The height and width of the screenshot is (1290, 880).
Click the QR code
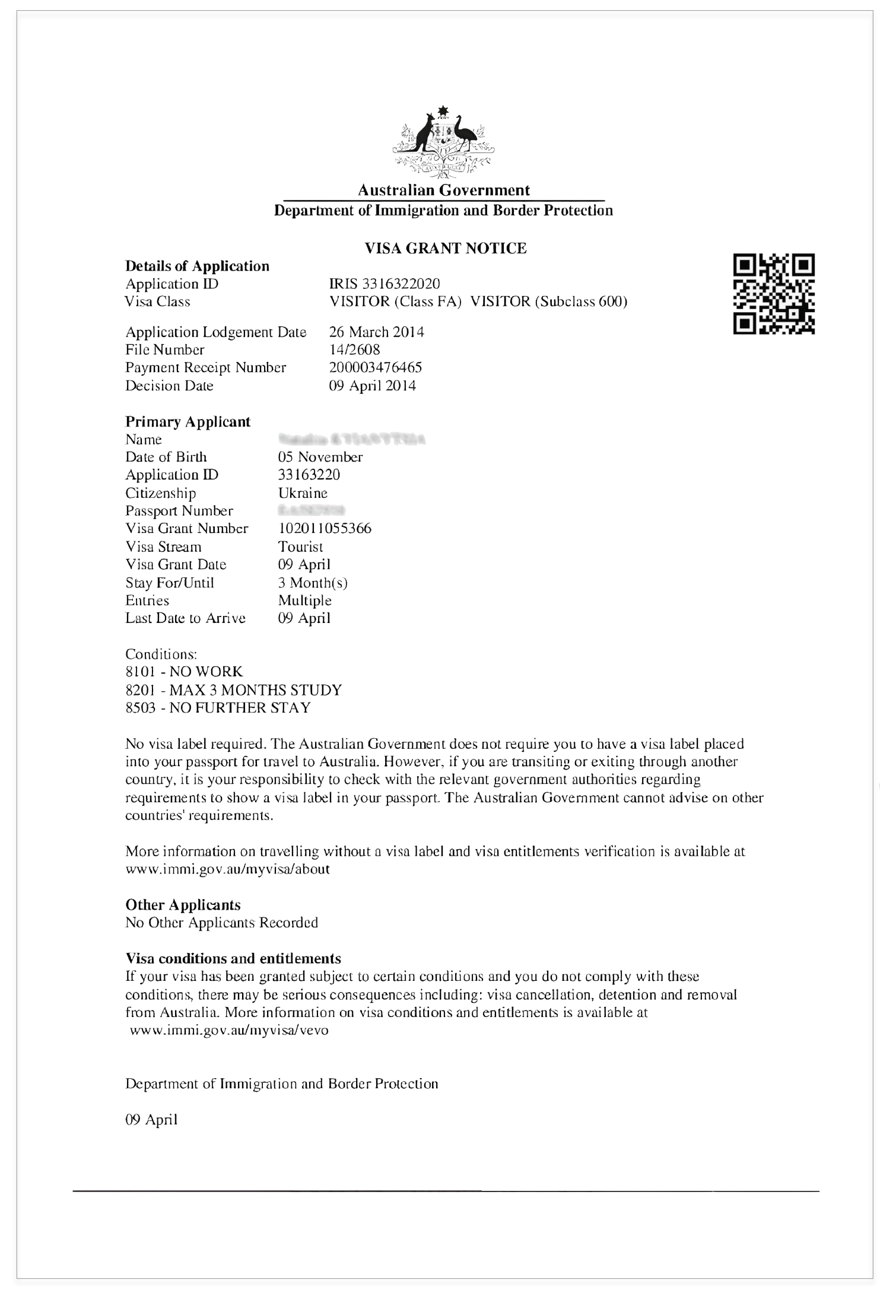tap(774, 294)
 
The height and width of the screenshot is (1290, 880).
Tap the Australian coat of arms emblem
tap(444, 144)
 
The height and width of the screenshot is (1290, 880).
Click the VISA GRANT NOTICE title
tap(445, 248)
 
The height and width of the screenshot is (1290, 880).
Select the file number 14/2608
tap(354, 349)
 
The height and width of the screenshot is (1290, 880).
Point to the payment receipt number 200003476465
tap(375, 367)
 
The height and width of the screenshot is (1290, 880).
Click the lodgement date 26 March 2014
tap(376, 332)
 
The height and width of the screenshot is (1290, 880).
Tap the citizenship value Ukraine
tap(303, 493)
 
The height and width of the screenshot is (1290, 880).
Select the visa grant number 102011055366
tap(325, 529)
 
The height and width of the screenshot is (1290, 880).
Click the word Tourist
tap(300, 546)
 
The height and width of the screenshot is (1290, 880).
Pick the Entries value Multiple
tap(304, 600)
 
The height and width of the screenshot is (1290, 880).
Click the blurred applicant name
tap(351, 440)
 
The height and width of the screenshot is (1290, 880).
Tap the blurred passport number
tap(312, 511)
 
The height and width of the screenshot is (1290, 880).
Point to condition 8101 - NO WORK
tap(184, 672)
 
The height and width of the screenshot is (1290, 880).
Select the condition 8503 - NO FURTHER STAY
tap(218, 708)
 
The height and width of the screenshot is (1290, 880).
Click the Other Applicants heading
tap(183, 905)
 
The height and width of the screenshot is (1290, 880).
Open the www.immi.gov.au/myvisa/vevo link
tap(228, 1030)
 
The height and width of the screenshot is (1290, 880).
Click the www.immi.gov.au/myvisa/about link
tap(227, 869)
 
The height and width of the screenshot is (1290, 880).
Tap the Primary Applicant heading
tap(188, 422)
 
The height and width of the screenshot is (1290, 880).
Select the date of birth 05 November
tap(320, 457)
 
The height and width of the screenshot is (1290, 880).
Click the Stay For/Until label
tap(170, 583)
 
